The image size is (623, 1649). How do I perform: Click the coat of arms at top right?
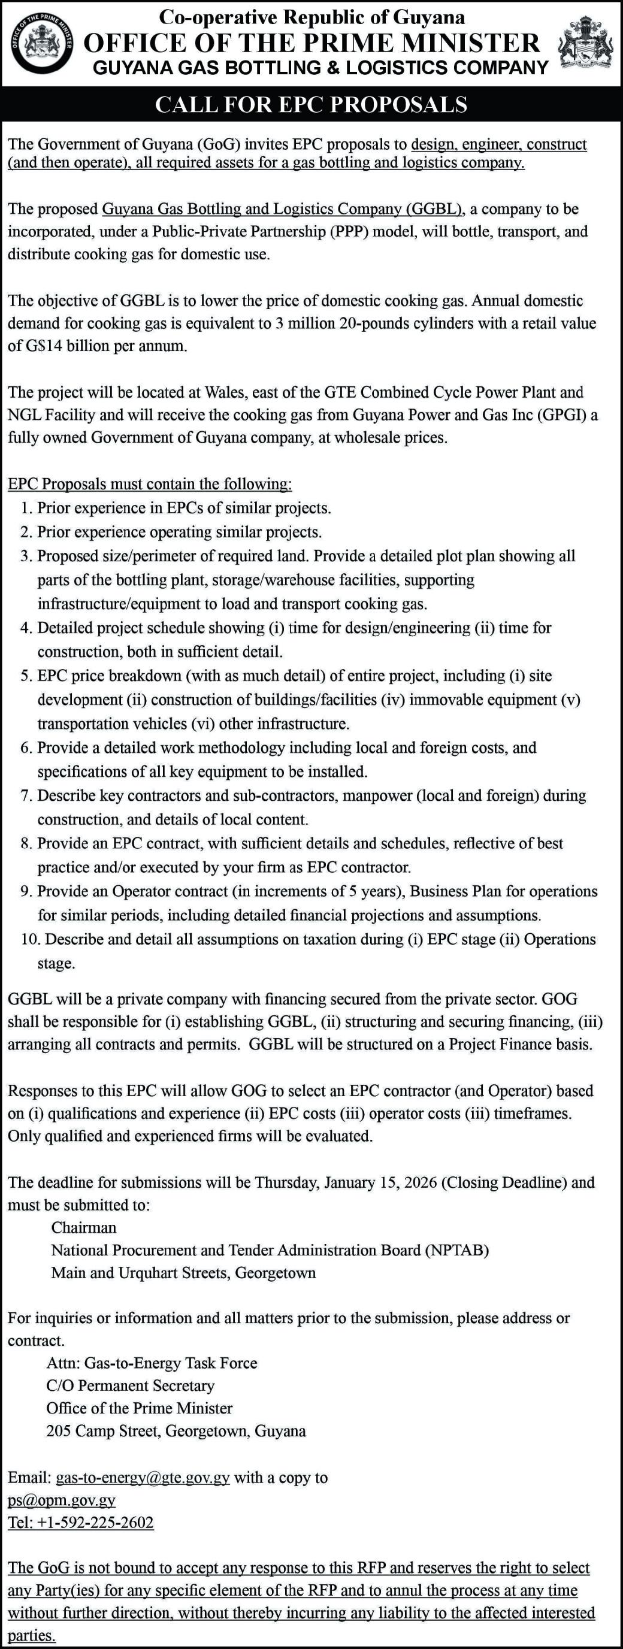pos(586,43)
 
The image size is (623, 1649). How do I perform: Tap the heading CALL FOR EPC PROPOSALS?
pos(311,104)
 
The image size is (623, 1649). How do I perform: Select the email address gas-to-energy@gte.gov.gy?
pos(143,1478)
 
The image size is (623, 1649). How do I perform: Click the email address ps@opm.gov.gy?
pos(62,1500)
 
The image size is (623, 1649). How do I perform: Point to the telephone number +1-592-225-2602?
pos(95,1522)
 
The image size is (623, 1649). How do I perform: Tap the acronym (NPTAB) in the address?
pos(456,1250)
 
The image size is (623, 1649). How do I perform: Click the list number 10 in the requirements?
pos(30,939)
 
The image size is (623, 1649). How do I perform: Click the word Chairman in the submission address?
pos(84,1227)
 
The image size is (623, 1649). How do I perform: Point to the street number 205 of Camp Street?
pos(58,1431)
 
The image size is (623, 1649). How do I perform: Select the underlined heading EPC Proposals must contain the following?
pos(150,484)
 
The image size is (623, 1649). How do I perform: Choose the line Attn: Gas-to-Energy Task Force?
pos(152,1363)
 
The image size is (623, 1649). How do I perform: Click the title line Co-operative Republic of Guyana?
pos(312,17)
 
